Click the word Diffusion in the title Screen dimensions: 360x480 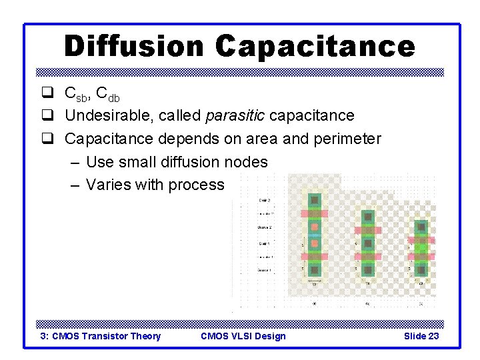(x=134, y=47)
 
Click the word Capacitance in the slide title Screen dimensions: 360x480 (x=315, y=47)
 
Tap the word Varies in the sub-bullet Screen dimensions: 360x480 (x=109, y=185)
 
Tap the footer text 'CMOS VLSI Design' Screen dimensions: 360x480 (x=243, y=336)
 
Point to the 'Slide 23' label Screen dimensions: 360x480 (x=421, y=336)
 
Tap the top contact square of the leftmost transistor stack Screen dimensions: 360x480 (x=315, y=199)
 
